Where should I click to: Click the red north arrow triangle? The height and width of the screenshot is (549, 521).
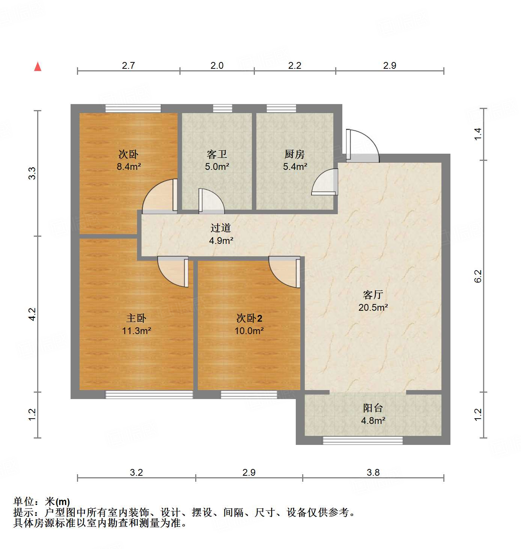(x=38, y=67)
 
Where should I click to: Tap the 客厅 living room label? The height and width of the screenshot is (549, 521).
(x=373, y=295)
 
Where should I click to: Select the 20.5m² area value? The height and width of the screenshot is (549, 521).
(x=373, y=307)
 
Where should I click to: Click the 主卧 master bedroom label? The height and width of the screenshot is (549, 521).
(x=136, y=318)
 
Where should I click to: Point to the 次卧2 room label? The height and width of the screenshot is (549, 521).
(x=249, y=318)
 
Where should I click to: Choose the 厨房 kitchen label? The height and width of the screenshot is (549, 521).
(x=295, y=154)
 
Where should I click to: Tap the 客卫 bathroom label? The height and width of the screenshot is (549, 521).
(x=217, y=154)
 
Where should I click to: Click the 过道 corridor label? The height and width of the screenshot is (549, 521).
(x=220, y=228)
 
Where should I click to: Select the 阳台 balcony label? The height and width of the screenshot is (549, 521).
(x=373, y=408)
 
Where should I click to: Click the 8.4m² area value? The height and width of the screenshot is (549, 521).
(x=128, y=166)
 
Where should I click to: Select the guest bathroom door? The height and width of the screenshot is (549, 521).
(x=211, y=201)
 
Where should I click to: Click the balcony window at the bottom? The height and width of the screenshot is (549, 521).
(x=363, y=440)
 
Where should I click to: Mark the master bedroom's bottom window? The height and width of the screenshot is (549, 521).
(x=149, y=395)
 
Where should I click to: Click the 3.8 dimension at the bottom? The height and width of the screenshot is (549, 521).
(x=373, y=472)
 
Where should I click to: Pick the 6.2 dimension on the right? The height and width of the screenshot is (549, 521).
(x=478, y=276)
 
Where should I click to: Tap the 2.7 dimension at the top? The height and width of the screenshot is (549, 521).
(x=128, y=65)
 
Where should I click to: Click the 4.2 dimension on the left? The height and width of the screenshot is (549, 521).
(x=32, y=314)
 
